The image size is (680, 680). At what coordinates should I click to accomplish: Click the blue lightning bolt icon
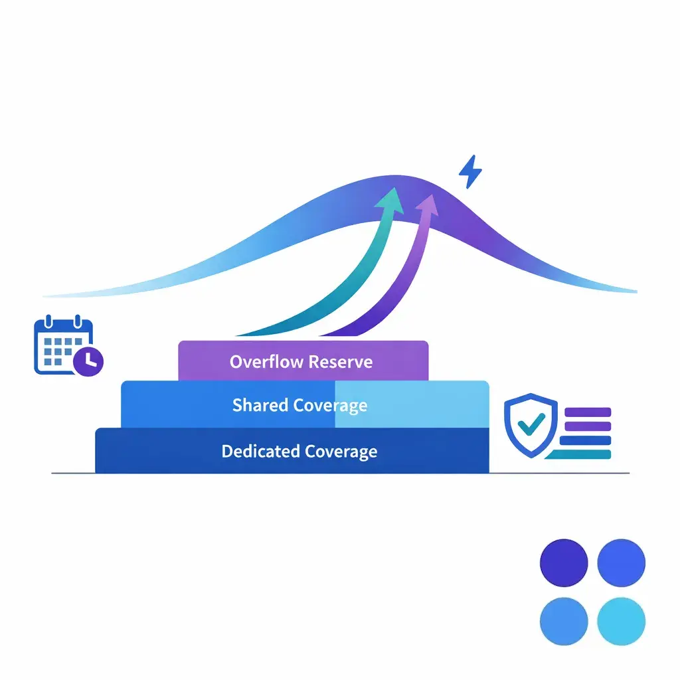[470, 172]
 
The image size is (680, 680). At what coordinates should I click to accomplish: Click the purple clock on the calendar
[88, 361]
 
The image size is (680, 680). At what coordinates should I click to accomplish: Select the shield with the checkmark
[531, 425]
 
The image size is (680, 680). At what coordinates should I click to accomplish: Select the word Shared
[260, 404]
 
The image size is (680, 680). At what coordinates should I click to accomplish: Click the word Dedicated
[260, 451]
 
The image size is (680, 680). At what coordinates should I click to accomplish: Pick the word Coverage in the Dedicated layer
[341, 452]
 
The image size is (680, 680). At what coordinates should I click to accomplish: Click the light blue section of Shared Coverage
[412, 404]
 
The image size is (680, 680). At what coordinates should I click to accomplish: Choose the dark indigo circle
[564, 563]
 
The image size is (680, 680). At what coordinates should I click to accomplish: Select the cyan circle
[621, 621]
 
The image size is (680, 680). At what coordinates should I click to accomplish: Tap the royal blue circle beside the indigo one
[621, 563]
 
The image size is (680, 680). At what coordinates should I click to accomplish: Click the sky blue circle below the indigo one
[564, 621]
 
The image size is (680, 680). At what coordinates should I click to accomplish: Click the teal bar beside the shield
[578, 454]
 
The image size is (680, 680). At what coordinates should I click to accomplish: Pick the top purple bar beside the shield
[588, 412]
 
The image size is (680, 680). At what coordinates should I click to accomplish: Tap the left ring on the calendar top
[48, 321]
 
